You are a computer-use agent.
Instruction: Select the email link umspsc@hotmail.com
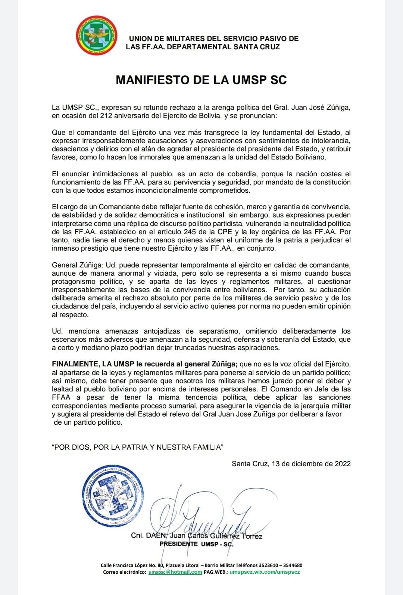(175, 572)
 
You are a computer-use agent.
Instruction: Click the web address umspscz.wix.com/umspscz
(265, 572)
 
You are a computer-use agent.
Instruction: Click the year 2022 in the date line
(342, 464)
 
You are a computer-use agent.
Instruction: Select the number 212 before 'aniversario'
(107, 115)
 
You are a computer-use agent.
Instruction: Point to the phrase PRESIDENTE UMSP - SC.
(196, 544)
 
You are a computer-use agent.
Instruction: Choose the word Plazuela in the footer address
(178, 565)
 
